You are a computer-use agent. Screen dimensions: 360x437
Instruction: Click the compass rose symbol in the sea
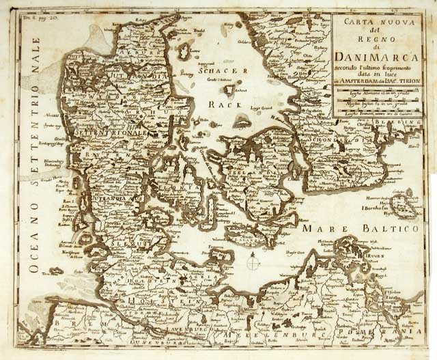(253, 263)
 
